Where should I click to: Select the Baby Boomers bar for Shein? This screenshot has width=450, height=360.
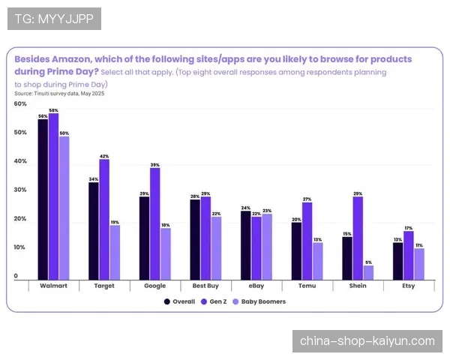368,272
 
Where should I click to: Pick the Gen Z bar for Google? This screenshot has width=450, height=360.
154,223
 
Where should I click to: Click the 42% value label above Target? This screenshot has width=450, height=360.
104,156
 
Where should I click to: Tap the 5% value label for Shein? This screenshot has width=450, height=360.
368,262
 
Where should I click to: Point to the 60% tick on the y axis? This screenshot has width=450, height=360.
20,104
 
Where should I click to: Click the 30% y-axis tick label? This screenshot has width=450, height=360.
20,190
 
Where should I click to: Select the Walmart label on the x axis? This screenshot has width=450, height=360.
53,286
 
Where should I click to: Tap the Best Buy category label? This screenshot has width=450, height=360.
205,286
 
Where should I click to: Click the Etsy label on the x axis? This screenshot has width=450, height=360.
408,286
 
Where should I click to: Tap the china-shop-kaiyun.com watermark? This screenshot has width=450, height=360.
367,341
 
